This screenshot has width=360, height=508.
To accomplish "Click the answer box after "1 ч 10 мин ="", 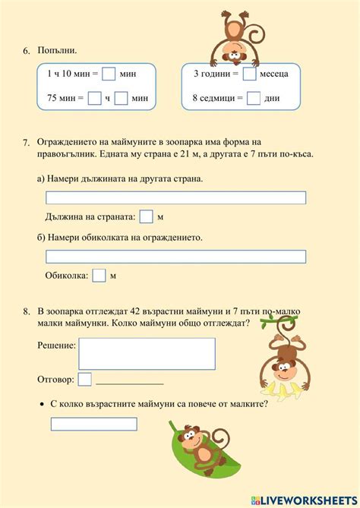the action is pos(109,74).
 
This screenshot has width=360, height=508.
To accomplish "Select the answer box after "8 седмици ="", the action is pos(254,97).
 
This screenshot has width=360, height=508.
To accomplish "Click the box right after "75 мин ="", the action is pos(94,97).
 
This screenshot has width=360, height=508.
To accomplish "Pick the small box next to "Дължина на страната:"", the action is pos(147,217).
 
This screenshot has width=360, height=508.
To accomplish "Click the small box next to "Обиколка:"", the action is pos(99,276).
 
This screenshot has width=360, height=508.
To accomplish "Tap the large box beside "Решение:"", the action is pos(147,353).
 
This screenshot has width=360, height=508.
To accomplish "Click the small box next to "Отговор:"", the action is pos(85,379).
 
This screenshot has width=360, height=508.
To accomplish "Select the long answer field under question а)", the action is pos(175,197).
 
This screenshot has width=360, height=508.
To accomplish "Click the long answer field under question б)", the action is pos(175,257).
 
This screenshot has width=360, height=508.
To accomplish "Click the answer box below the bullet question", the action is pos(93,424).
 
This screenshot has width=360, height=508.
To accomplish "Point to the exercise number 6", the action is pos(26,51).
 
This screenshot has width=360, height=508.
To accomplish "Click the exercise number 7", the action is pos(26,142).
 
